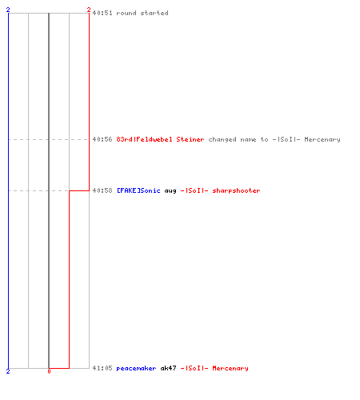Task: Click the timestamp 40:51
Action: [102, 13]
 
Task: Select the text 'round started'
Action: [142, 13]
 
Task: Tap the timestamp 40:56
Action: [102, 139]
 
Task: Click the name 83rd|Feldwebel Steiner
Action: [160, 139]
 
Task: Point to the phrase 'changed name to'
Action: [238, 139]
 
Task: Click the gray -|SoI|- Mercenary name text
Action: [306, 139]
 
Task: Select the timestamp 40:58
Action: [102, 190]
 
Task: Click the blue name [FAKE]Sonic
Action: [138, 190]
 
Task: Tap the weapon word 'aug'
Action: [170, 191]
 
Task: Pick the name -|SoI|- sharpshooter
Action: [221, 190]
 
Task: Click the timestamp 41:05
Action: [102, 368]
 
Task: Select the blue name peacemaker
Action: [136, 368]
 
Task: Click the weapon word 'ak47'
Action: [168, 368]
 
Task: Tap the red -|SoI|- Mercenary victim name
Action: [214, 368]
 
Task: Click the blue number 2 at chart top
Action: [8, 10]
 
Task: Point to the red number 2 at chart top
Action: [89, 10]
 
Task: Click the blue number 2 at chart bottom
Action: [8, 371]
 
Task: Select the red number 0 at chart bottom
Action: [49, 371]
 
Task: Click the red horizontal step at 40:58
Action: [79, 190]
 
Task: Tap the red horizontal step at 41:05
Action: [59, 368]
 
